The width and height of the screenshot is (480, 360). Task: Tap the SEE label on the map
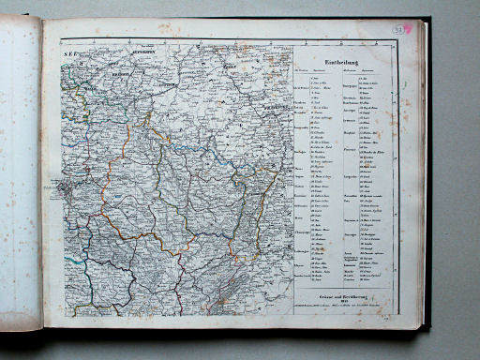coord(67,56)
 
